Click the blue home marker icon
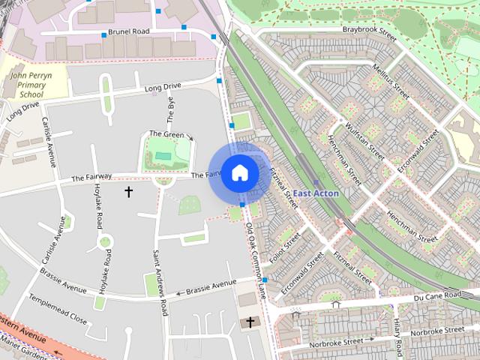pos(239,172)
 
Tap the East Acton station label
pos(315,193)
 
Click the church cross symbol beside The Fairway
pos(128,192)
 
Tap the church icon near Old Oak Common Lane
pos(247,323)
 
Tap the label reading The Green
pos(166,134)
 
